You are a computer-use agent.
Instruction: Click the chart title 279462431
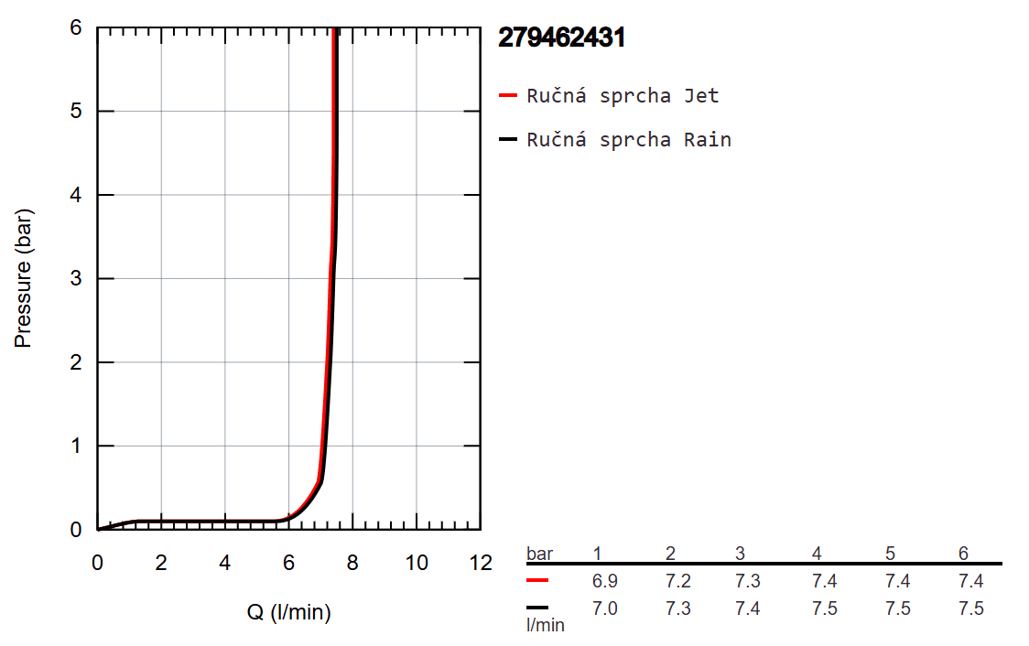point(561,38)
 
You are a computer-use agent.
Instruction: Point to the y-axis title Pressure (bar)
point(24,279)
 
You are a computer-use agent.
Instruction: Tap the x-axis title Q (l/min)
point(289,612)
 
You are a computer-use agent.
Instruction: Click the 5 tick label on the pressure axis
point(78,112)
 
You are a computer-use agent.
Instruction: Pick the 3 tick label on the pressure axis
point(78,279)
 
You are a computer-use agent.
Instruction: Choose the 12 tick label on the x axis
point(480,563)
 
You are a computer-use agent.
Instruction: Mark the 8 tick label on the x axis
point(352,563)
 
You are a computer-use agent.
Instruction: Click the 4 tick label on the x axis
point(225,563)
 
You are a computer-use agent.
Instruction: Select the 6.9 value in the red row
point(605,582)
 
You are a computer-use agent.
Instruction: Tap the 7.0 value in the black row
point(605,608)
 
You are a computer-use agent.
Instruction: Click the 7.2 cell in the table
point(678,582)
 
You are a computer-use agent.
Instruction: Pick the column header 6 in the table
point(963,554)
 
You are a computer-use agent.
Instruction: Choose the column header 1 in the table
point(597,554)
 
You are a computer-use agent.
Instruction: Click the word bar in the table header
point(540,554)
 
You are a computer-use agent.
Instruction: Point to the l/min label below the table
point(546,626)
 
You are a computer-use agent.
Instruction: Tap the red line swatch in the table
point(538,581)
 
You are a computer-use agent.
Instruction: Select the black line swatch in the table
point(538,608)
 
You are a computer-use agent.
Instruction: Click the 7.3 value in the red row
point(748,582)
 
